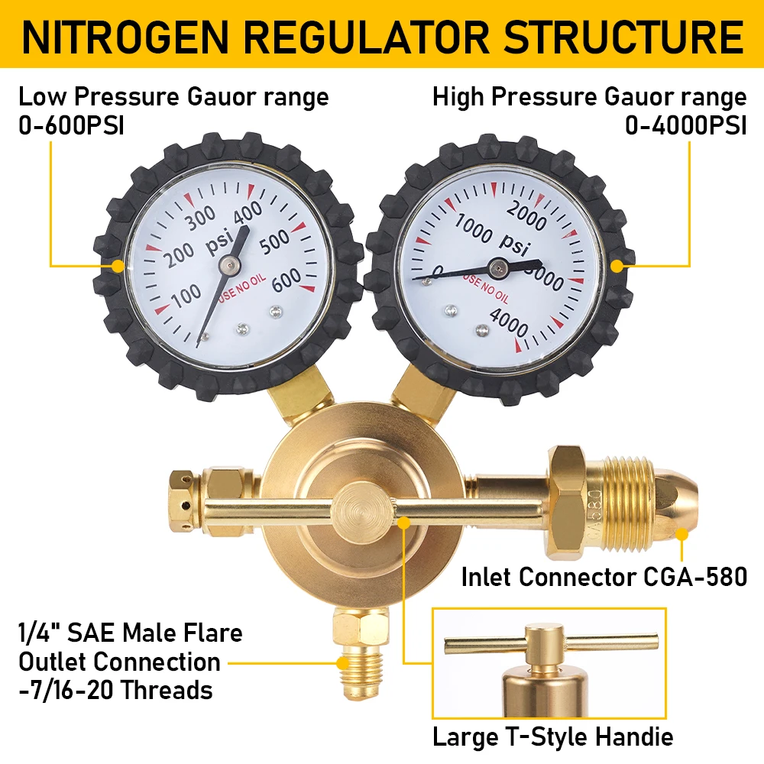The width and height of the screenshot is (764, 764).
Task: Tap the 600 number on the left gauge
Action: pos(286,279)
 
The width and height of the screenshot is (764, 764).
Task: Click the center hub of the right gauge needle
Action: pos(499,267)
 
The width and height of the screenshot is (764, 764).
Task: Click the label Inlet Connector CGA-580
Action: pos(604,577)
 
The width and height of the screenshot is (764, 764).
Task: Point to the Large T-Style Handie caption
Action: pos(553,737)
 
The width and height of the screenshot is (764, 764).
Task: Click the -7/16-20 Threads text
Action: pos(115,690)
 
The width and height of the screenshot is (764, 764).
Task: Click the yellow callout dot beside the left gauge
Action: pos(117,266)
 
